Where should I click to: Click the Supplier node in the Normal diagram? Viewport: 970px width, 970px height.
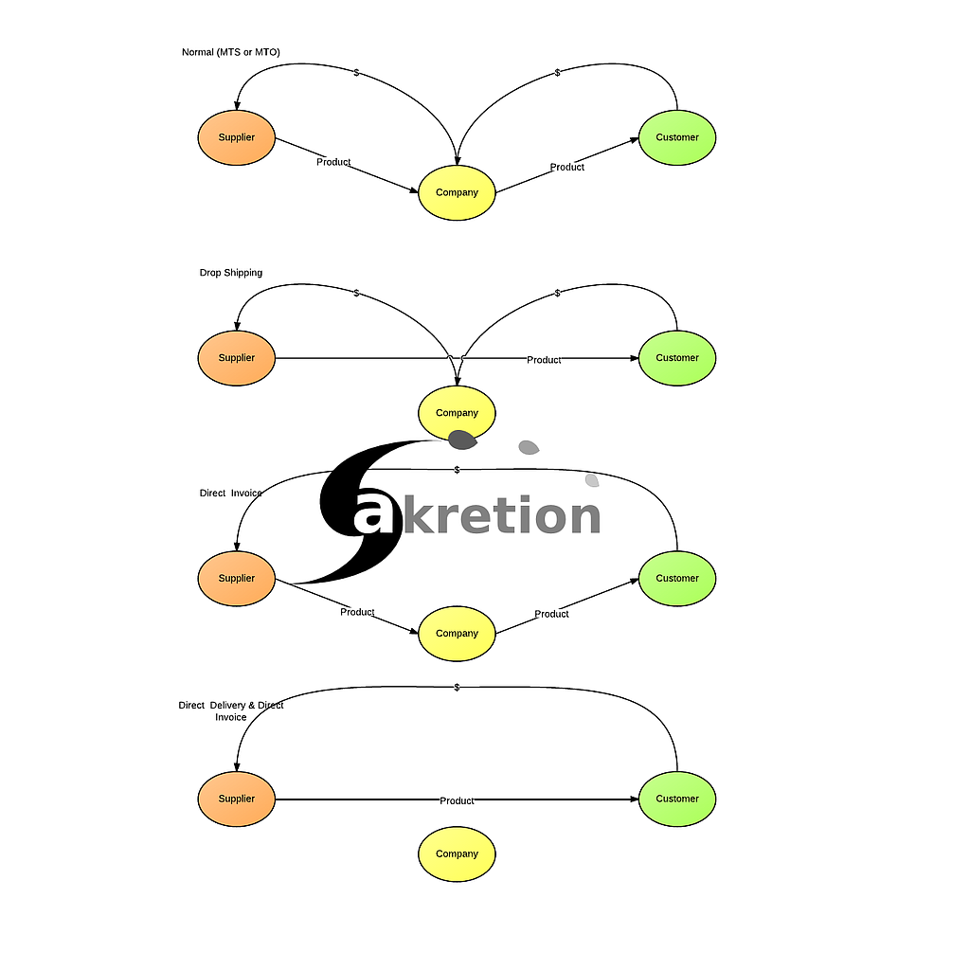236,137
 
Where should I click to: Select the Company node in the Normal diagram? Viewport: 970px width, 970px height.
457,192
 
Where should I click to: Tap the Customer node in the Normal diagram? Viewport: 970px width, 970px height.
677,137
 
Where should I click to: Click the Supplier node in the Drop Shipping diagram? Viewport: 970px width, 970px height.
236,358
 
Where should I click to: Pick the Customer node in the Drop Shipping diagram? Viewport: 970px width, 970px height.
677,358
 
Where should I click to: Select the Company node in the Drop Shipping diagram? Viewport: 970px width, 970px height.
457,413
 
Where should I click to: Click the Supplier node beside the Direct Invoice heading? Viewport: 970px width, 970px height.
236,579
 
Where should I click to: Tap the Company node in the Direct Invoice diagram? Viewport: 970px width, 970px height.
457,634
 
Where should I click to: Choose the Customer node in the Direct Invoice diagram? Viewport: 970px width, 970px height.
677,579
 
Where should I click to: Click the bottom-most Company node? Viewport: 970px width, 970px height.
457,853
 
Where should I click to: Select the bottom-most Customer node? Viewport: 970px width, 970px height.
677,799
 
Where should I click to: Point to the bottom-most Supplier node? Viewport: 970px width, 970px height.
236,799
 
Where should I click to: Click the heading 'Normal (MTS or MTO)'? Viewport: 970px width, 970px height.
230,52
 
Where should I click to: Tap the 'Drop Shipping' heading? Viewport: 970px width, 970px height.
230,273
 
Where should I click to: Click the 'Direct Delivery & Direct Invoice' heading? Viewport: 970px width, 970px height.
231,711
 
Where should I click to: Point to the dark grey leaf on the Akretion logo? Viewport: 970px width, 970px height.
461,439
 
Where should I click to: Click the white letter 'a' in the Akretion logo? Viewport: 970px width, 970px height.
372,516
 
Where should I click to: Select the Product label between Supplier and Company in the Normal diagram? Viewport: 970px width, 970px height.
333,162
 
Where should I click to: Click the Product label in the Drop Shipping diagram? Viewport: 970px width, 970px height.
544,360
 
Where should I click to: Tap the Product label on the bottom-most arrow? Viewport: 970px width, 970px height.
457,800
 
